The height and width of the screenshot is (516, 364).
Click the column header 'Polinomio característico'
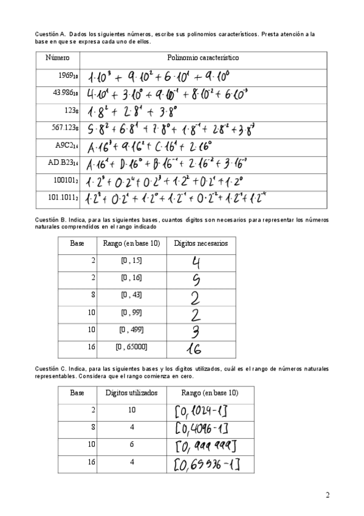click(202, 58)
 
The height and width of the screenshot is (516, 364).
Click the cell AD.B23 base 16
click(63, 163)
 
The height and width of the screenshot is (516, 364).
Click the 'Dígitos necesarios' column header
click(201, 243)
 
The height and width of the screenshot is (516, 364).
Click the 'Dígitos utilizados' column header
click(131, 392)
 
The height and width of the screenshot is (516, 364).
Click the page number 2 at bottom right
click(328, 494)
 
